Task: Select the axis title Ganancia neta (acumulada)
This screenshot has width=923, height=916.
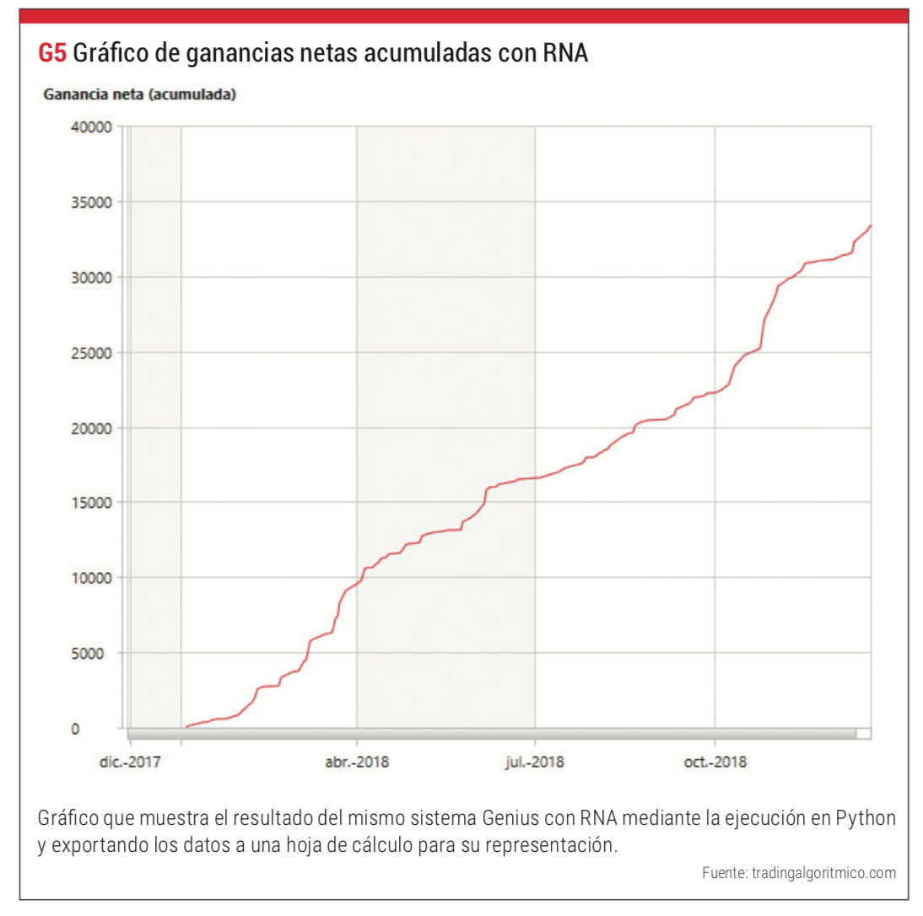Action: [x=138, y=94]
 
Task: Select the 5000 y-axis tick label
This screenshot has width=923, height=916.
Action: [x=97, y=653]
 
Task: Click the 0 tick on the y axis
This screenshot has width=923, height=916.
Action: [x=75, y=728]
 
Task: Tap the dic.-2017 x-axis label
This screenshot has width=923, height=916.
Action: [x=130, y=762]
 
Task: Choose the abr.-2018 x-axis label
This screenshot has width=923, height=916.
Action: [x=357, y=762]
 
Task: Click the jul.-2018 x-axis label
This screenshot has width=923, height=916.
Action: [x=535, y=762]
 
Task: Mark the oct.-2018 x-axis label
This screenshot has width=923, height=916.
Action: [x=715, y=762]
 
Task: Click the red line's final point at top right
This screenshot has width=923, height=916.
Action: [x=870, y=226]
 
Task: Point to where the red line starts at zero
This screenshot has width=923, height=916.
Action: [x=185, y=726]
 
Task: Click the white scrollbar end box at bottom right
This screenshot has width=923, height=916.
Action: [x=863, y=733]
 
